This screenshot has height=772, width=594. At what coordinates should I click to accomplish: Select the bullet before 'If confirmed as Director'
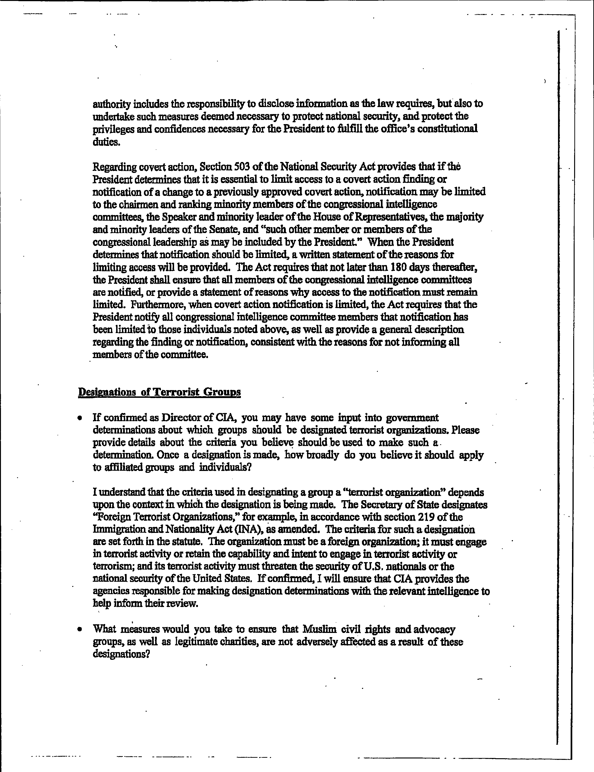81,418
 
